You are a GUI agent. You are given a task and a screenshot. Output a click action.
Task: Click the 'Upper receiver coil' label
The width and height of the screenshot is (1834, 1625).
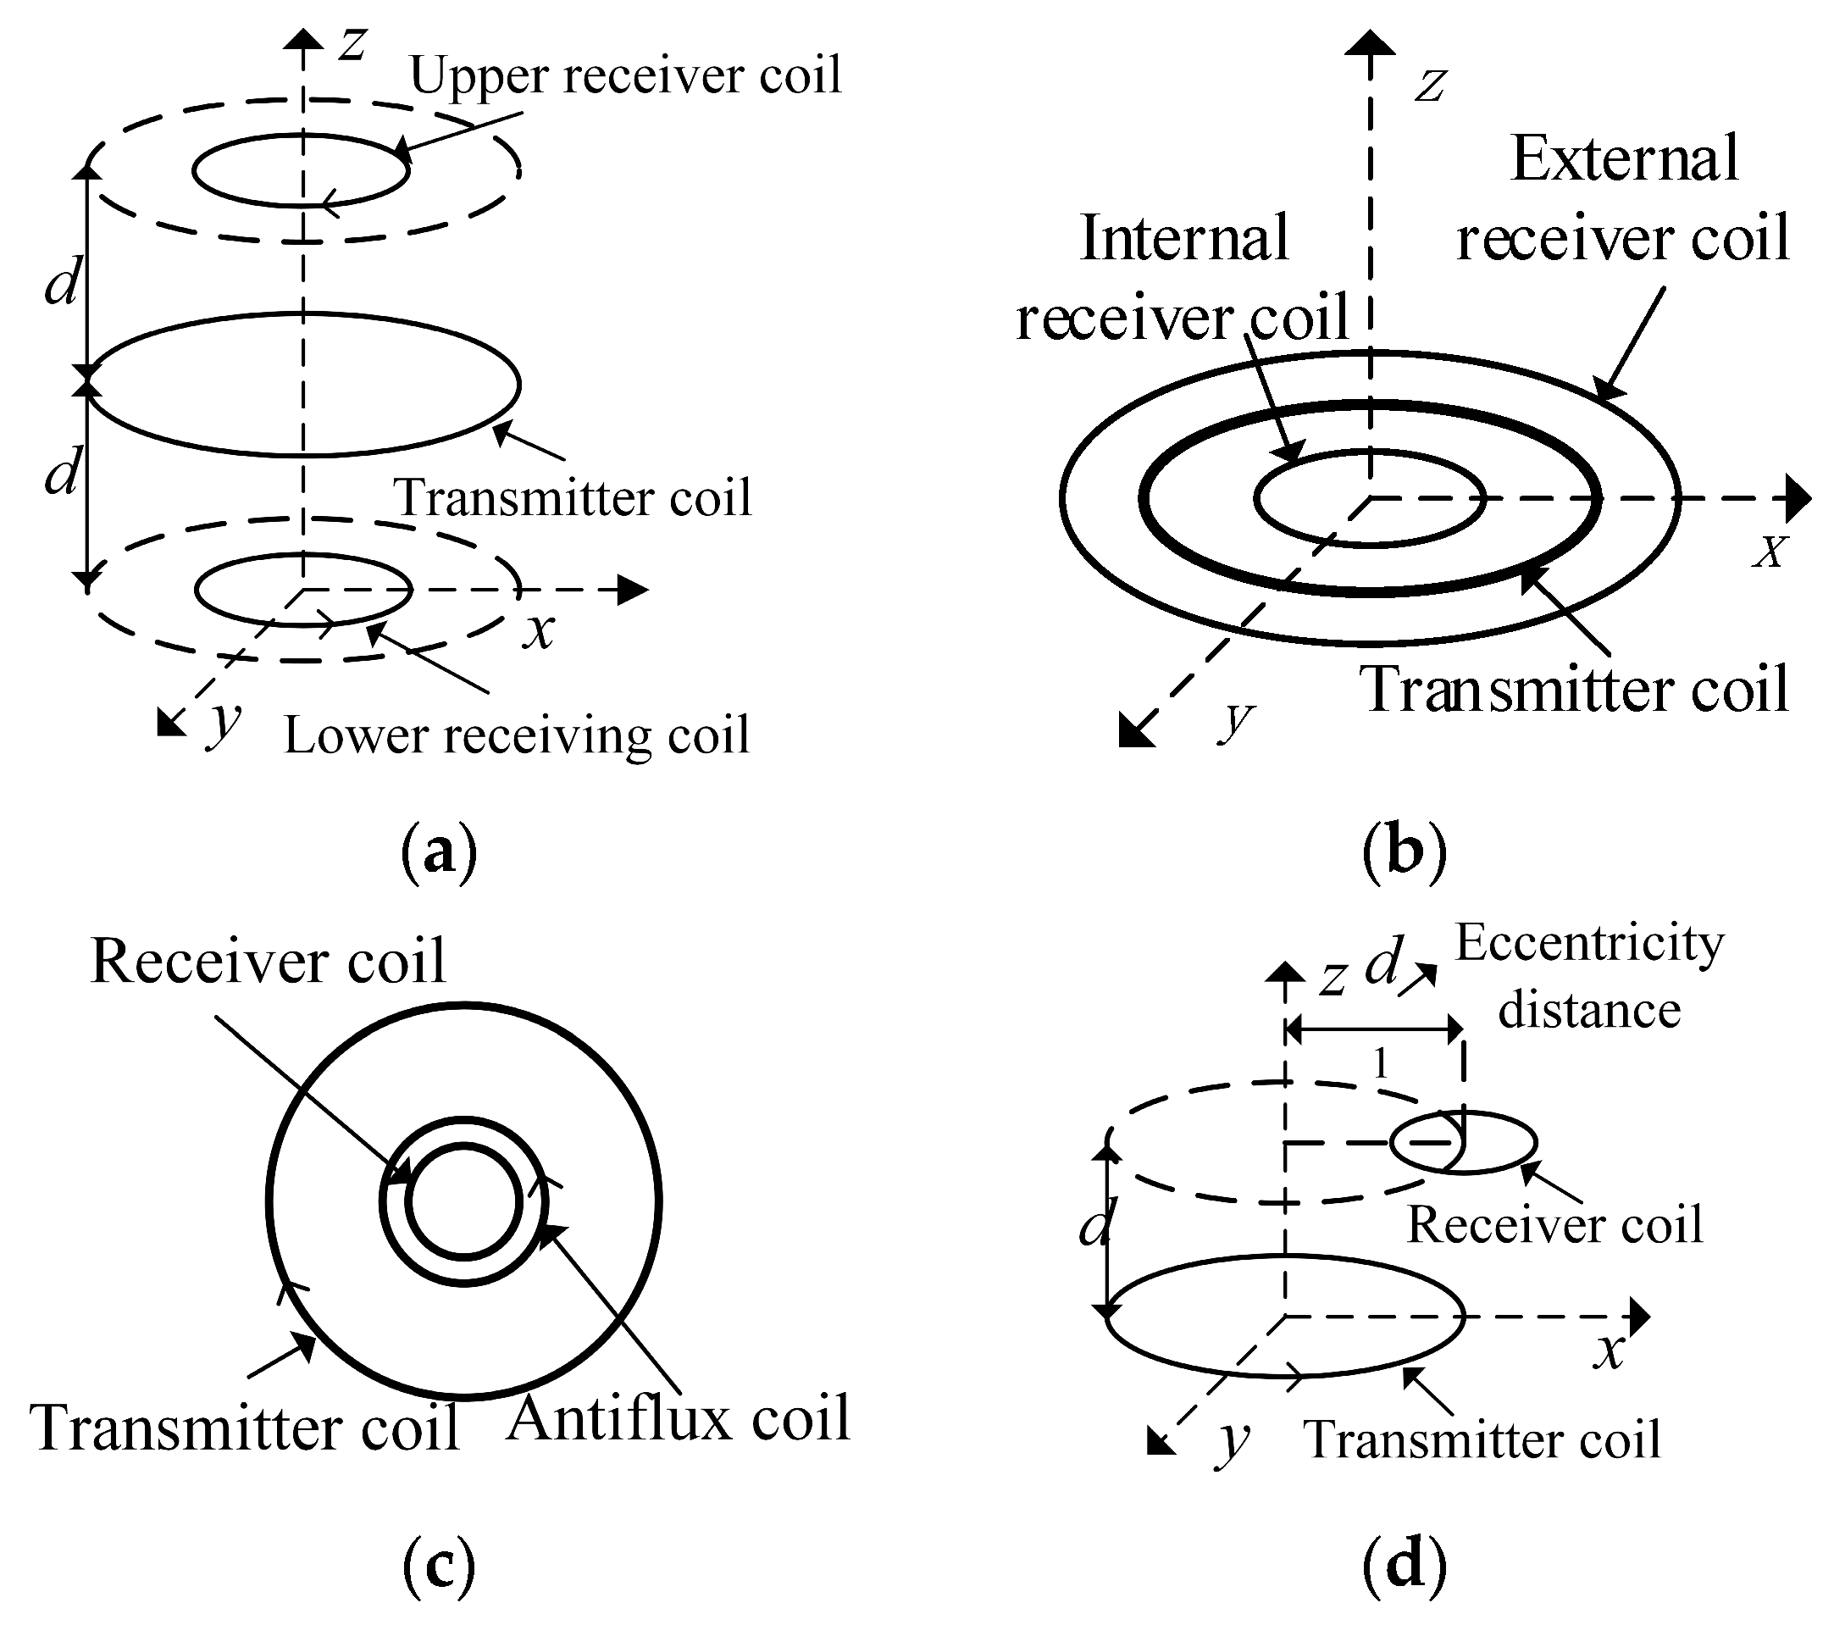[x=625, y=75]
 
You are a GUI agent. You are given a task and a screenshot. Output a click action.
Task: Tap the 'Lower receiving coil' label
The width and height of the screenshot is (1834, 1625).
[x=516, y=735]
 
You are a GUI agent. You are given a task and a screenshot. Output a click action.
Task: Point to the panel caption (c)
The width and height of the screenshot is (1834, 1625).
[x=439, y=1566]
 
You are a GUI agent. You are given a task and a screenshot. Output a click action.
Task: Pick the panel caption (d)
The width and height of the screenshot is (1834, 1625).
[x=1405, y=1566]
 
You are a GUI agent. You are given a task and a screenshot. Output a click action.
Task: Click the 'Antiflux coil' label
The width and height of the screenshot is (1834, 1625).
[x=679, y=1417]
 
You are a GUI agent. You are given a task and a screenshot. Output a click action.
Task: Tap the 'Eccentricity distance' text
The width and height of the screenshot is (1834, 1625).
[x=1589, y=976]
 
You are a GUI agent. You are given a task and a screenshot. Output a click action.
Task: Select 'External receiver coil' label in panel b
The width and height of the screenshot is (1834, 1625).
[x=1623, y=199]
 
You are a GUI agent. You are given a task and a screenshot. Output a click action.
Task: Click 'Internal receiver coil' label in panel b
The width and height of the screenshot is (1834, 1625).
[x=1183, y=278]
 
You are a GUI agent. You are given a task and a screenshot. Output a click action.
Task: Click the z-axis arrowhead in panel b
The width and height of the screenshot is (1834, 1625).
[x=1370, y=43]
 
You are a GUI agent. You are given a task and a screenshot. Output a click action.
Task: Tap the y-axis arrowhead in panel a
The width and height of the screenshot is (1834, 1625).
[x=169, y=724]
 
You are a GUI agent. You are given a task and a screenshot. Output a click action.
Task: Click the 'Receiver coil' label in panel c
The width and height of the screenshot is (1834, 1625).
[x=269, y=961]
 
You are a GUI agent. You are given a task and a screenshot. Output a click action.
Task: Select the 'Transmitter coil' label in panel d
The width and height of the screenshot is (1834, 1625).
[x=1482, y=1439]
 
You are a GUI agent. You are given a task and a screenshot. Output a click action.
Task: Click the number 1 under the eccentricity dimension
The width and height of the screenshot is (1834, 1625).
[x=1381, y=1065]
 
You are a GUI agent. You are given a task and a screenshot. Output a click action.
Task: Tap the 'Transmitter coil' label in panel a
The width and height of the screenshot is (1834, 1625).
[x=573, y=498]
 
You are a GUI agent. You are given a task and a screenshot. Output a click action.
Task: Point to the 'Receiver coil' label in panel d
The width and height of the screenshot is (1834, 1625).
[x=1554, y=1225]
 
